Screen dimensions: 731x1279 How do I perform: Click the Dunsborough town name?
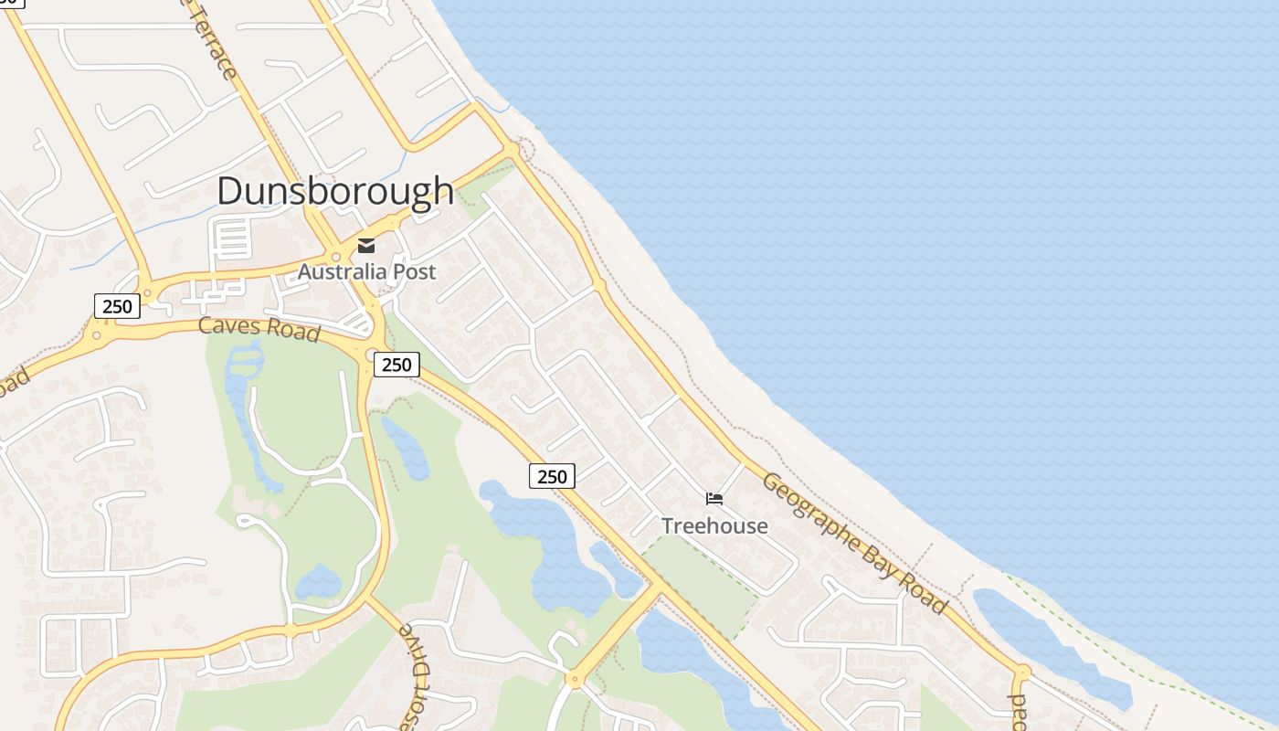click(335, 190)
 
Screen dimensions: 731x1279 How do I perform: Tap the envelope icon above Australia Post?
click(366, 245)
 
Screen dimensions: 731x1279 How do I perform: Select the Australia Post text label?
click(366, 271)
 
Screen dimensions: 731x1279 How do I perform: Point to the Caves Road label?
click(259, 328)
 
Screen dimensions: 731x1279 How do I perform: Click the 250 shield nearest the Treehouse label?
click(552, 475)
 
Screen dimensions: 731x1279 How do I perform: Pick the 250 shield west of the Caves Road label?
click(117, 306)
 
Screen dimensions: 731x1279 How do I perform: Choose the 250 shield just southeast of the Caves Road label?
click(396, 365)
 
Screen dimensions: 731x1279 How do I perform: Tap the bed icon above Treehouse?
click(714, 499)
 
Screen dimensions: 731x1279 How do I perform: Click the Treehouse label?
click(714, 526)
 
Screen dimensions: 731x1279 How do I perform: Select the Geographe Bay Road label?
click(853, 543)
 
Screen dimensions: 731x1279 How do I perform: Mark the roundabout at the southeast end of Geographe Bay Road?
click(1022, 673)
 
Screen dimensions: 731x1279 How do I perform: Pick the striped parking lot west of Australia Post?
click(232, 239)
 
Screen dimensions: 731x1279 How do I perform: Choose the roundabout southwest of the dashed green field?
click(574, 679)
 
